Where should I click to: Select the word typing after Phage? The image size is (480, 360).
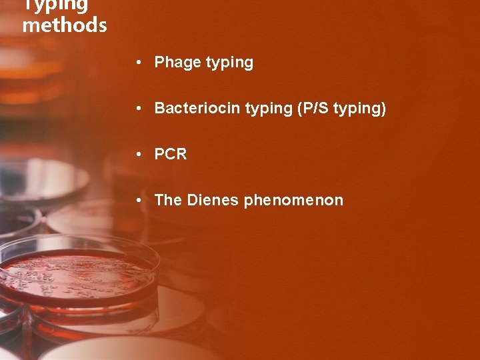pyautogui.click(x=229, y=63)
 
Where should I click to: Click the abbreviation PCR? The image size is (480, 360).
pyautogui.click(x=171, y=154)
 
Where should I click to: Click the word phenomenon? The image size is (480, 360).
pyautogui.click(x=293, y=200)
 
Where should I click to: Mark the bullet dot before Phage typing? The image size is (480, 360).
pyautogui.click(x=137, y=63)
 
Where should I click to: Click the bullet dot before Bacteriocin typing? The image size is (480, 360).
pyautogui.click(x=137, y=108)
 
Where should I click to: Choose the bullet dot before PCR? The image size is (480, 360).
pyautogui.click(x=137, y=154)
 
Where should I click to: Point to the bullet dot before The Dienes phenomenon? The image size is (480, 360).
pyautogui.click(x=137, y=200)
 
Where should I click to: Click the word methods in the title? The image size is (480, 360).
pyautogui.click(x=65, y=25)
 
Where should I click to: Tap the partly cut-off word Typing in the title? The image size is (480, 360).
pyautogui.click(x=56, y=6)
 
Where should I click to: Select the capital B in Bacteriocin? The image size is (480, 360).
pyautogui.click(x=160, y=108)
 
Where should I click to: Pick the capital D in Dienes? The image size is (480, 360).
pyautogui.click(x=193, y=200)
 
